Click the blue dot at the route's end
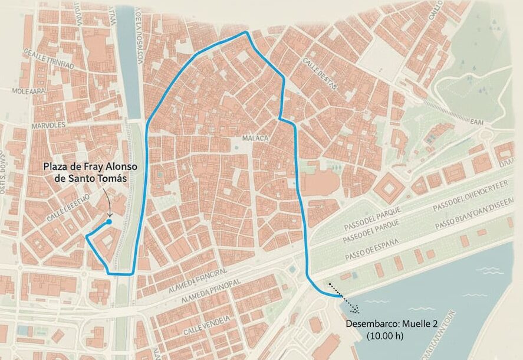click(x=109, y=222)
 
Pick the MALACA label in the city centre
click(x=255, y=138)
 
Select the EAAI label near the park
click(x=477, y=121)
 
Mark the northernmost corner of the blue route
click(x=246, y=32)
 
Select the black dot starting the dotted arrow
click(x=328, y=283)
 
